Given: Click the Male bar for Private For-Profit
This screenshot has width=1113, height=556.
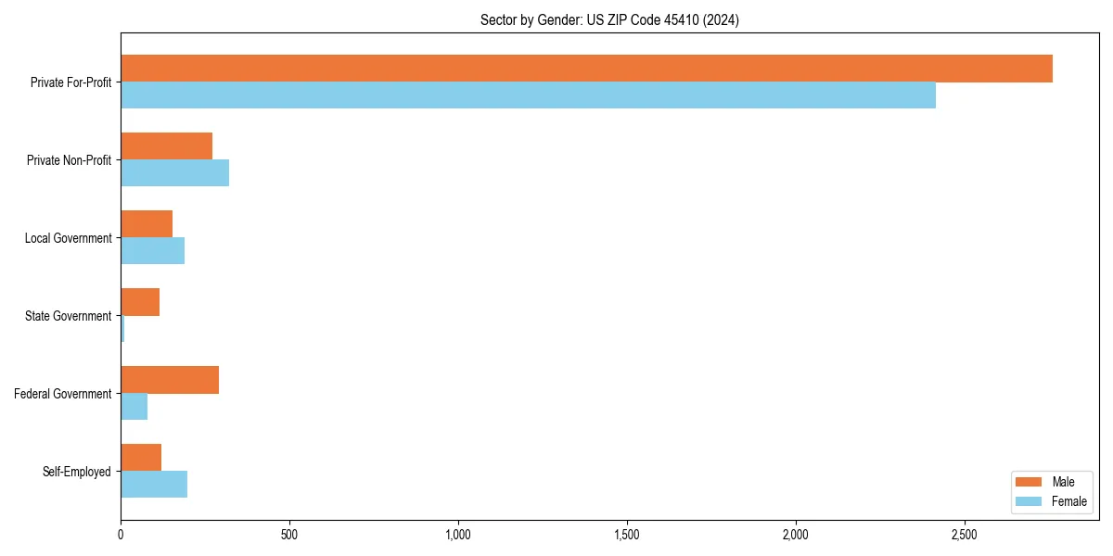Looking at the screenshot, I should [x=586, y=69].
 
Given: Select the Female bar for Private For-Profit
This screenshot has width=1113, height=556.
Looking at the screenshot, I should [x=528, y=95].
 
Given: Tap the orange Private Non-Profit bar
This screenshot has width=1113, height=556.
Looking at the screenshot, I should [x=166, y=146].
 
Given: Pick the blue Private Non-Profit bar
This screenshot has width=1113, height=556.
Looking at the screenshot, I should [x=174, y=173].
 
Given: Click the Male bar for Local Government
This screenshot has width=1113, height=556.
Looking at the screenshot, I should [x=147, y=224].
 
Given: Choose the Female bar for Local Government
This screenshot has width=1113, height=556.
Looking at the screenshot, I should [x=152, y=251].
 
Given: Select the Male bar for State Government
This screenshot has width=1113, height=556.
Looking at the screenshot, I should [x=140, y=302].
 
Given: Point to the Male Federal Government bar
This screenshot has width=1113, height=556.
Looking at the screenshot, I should [x=170, y=380].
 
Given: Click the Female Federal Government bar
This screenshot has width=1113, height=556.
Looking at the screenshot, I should [x=134, y=407].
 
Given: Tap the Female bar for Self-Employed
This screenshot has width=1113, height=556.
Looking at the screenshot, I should [x=154, y=485].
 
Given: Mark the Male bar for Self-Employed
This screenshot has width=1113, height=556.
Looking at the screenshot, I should [x=141, y=458].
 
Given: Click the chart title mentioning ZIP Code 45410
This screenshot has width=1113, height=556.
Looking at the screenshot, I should [x=609, y=19].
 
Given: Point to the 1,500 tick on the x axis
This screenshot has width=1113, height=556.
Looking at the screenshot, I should [x=627, y=535].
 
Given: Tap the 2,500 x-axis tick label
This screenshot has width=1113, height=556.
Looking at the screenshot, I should [x=965, y=535].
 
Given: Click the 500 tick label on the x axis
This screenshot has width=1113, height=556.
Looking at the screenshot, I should [x=289, y=535].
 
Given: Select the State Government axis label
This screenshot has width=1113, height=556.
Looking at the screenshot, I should [x=68, y=316].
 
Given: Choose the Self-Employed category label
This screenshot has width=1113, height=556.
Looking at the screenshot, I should [x=76, y=472].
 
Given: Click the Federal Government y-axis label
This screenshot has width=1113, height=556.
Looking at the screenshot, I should [x=62, y=394].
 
